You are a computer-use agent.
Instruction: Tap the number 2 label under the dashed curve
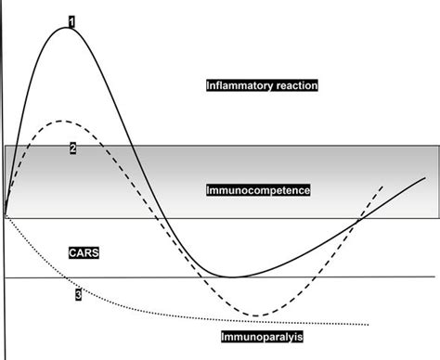click(x=72, y=148)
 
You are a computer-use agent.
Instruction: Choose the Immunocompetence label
click(x=258, y=190)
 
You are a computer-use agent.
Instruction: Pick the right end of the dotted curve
click(x=371, y=324)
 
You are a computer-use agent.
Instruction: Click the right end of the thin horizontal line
click(x=434, y=276)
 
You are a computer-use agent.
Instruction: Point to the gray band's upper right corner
click(x=434, y=146)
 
